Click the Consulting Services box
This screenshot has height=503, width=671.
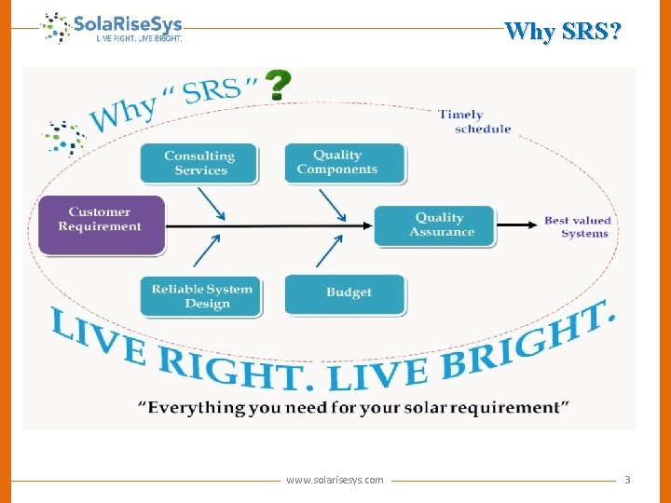click(200, 163)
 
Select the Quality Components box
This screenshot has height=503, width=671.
click(345, 163)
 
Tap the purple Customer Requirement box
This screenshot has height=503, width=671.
click(101, 224)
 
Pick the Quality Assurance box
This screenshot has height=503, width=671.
click(434, 225)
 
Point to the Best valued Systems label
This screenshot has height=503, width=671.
click(578, 227)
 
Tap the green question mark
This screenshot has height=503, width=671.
click(278, 86)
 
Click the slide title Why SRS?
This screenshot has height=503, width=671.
click(562, 32)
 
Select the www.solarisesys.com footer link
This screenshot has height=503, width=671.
click(335, 480)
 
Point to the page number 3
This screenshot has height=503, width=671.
click(627, 480)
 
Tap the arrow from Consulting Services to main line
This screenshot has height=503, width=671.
click(211, 203)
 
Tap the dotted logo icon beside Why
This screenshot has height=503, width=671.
click(63, 136)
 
